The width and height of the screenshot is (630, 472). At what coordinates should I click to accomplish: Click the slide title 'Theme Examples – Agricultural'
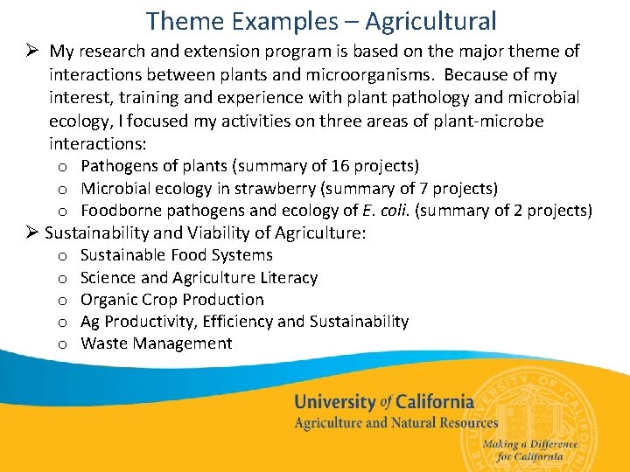[321, 20]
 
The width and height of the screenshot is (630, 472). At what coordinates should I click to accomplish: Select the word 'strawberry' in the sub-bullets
[296, 189]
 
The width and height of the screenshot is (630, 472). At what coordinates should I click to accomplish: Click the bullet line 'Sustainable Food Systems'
[176, 255]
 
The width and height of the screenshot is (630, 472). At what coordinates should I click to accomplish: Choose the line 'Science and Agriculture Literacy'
[199, 278]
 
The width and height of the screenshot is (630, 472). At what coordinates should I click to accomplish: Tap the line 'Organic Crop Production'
[171, 300]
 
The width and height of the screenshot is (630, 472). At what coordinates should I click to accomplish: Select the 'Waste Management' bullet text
[157, 344]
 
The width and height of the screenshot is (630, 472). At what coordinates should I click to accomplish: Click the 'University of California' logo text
[383, 402]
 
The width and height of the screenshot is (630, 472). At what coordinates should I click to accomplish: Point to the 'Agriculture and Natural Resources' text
[395, 423]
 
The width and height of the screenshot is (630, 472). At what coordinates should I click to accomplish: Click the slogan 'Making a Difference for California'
[529, 450]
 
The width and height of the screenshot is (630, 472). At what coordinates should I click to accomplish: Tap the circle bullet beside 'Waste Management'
[63, 344]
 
